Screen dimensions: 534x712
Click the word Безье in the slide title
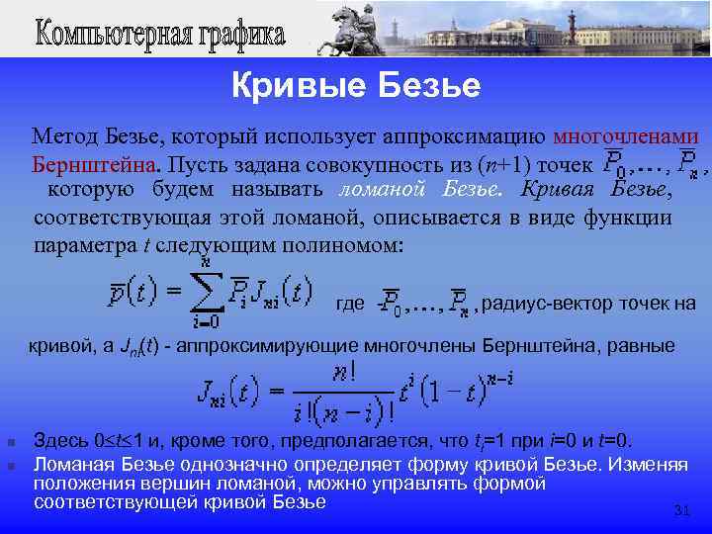click(431, 87)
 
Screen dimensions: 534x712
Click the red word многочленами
click(626, 136)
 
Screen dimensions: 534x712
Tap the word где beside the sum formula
click(351, 304)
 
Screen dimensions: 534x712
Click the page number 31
click(680, 510)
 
